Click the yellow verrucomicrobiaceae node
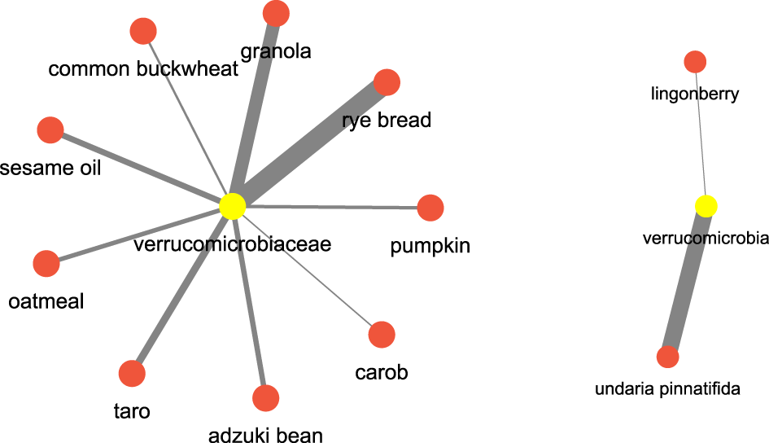(232, 206)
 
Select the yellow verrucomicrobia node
(706, 206)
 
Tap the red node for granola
(276, 13)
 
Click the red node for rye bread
(387, 82)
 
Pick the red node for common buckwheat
(143, 32)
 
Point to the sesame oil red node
(50, 130)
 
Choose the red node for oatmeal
(46, 264)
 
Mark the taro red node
(132, 374)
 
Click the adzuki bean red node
(266, 398)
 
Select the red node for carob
(382, 334)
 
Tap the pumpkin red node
(430, 208)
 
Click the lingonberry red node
(695, 61)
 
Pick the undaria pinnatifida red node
(667, 357)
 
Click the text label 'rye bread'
(387, 121)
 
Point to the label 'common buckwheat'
(143, 68)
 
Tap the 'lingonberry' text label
(695, 94)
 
